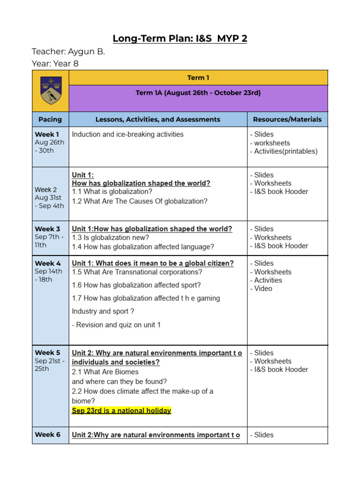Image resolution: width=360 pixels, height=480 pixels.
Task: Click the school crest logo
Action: coord(50,90)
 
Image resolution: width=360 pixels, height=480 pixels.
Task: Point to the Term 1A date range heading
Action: coord(198,93)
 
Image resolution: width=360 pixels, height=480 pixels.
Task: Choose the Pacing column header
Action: coord(50,120)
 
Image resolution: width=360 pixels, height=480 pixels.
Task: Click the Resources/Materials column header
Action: coord(287,120)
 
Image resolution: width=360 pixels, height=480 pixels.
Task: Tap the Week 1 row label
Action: coord(47,134)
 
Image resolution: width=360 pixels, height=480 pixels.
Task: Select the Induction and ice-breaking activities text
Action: coord(128,135)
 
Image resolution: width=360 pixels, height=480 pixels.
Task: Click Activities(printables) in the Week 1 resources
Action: coord(286,151)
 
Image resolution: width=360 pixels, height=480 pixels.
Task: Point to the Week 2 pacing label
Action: coord(46,190)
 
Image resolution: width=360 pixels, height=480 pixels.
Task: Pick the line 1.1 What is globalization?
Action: coord(112,192)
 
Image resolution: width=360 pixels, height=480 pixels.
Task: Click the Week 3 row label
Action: coord(47,229)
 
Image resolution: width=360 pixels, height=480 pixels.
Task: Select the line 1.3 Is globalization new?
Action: coord(111,238)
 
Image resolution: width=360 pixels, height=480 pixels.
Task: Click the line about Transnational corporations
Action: coord(137,272)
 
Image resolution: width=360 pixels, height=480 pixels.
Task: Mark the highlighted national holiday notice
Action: coord(121,411)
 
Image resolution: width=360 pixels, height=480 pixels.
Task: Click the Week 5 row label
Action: coord(47,352)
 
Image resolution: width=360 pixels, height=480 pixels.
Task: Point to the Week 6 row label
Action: coord(47,435)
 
